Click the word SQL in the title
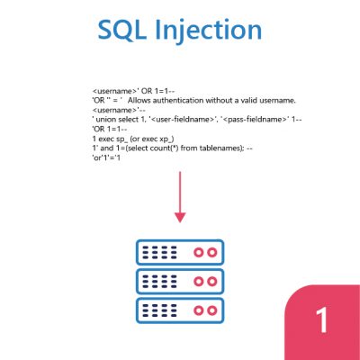[122, 30]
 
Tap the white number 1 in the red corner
[322, 319]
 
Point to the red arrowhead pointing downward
[180, 218]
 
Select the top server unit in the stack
[180, 252]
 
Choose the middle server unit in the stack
[180, 282]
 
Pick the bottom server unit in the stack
[180, 310]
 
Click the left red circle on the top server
[198, 252]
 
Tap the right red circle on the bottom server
[212, 310]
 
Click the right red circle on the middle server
[212, 282]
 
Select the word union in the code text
[106, 120]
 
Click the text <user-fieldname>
[182, 120]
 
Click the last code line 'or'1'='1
[106, 157]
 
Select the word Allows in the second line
[139, 100]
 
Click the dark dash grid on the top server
[159, 253]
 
